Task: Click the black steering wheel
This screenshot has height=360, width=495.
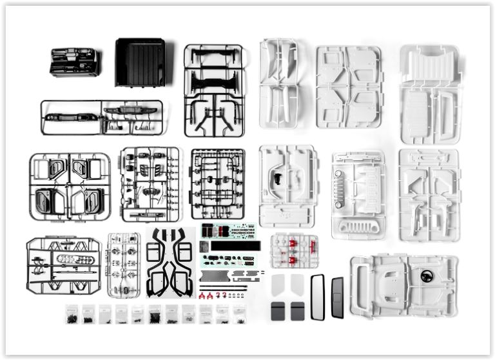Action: [427, 276]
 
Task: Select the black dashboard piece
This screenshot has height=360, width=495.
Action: [74, 62]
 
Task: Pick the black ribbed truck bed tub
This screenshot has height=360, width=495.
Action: [140, 62]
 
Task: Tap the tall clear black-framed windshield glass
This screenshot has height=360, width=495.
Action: [318, 297]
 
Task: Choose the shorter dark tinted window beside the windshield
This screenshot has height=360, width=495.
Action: [337, 297]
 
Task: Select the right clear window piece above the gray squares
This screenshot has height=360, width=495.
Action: [296, 285]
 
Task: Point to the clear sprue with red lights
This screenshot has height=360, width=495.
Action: [294, 251]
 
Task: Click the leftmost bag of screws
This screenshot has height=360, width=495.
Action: [72, 314]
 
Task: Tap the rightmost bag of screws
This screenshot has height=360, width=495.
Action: [239, 314]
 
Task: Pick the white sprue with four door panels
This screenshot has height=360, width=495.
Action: [349, 86]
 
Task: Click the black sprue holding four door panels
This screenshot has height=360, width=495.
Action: [70, 187]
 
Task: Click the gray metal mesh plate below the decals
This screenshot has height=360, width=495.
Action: [212, 275]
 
